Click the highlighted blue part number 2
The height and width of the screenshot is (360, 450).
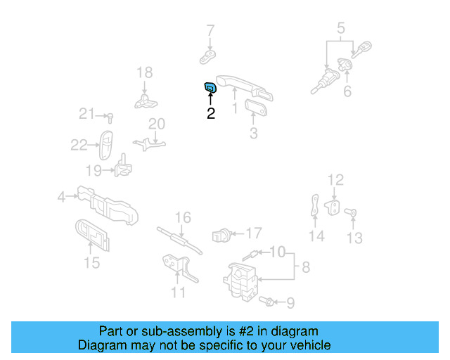pos(210,87)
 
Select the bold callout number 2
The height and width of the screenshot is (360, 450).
pos(210,113)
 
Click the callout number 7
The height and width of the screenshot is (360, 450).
pos(210,30)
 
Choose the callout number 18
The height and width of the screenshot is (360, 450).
pos(143,72)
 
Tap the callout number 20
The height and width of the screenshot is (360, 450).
pos(156,124)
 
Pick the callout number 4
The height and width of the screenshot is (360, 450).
pos(62,198)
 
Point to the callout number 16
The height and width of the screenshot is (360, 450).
pos(183,218)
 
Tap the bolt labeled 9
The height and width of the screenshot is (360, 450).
pos(266,302)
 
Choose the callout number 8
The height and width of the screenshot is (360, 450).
pos(306,266)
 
